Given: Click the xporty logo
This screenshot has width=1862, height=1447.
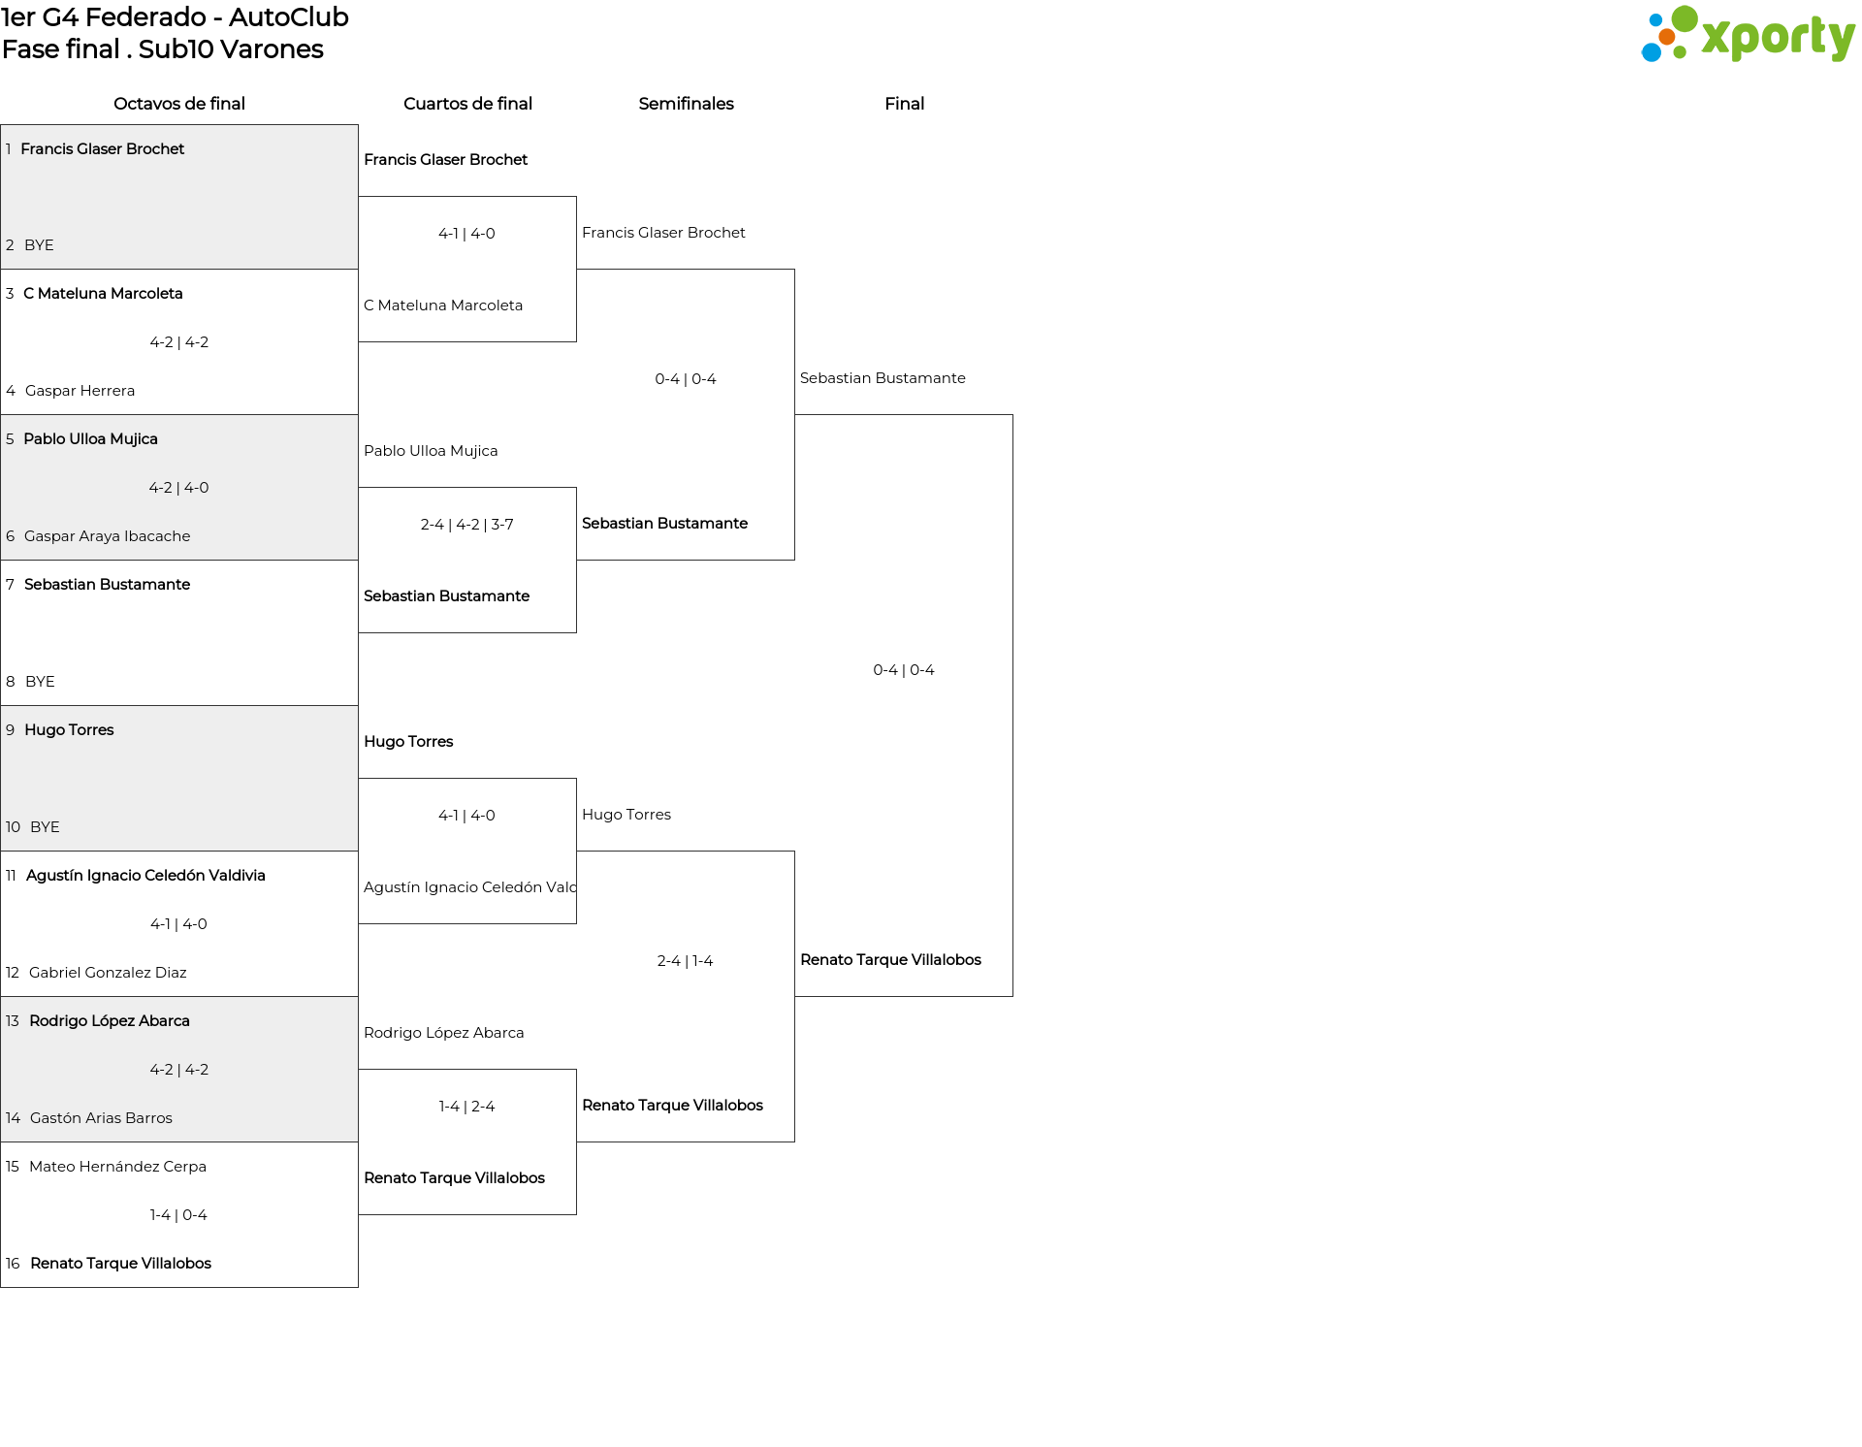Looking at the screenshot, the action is click(1748, 35).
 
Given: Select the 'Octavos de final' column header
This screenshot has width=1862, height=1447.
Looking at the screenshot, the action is click(179, 104).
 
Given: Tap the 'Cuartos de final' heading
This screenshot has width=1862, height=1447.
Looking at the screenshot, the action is click(467, 104).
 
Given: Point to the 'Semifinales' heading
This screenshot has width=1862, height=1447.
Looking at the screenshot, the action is click(686, 104).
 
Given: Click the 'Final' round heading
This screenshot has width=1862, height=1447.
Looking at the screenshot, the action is click(904, 104).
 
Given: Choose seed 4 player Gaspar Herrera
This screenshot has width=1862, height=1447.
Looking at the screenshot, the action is click(80, 391).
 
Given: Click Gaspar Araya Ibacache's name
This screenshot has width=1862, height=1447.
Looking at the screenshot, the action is click(107, 536).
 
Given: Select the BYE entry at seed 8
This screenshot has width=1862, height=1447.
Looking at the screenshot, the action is click(40, 682).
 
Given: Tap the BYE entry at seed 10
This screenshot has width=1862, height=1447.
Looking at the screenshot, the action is click(45, 827).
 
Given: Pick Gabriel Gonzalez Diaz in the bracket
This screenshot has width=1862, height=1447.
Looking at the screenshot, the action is click(108, 973).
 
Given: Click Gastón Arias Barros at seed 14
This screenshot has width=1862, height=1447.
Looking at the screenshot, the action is click(101, 1118).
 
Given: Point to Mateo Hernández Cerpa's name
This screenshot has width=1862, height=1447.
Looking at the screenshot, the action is click(117, 1167).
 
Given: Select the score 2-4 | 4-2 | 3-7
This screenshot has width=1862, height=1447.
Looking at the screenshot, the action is click(467, 525).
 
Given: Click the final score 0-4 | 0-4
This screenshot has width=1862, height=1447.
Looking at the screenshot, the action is click(904, 670).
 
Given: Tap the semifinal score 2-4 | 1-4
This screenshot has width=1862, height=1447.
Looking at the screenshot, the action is click(686, 961).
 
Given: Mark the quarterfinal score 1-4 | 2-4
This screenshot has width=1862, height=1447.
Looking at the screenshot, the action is click(467, 1107).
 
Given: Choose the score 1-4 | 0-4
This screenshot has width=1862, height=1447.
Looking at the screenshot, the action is click(178, 1215).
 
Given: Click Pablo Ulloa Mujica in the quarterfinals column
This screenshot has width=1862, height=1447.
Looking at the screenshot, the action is click(431, 451).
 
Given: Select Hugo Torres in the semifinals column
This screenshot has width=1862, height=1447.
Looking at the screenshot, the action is click(626, 815).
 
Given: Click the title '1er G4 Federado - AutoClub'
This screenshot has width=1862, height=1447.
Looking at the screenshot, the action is click(175, 17).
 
